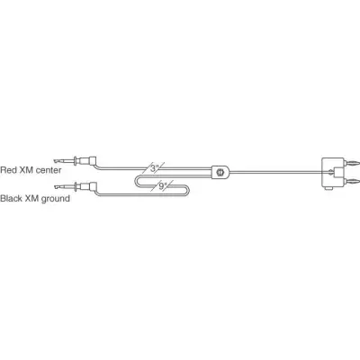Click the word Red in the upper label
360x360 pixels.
click(7, 170)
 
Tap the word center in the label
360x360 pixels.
click(47, 170)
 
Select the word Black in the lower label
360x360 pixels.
click(10, 198)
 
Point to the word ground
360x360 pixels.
click(56, 199)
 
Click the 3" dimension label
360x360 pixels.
click(154, 168)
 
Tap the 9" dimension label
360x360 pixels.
click(163, 186)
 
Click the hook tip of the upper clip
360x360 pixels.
click(55, 160)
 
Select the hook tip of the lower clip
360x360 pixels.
click(56, 188)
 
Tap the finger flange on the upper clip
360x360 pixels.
click(76, 160)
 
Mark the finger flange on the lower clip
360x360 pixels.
click(76, 188)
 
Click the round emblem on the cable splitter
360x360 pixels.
click(220, 172)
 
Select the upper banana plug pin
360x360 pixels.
click(352, 163)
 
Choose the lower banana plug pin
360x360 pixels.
click(352, 181)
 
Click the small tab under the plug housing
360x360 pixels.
click(329, 188)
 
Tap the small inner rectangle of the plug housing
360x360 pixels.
click(338, 172)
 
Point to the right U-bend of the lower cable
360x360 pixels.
click(188, 190)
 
